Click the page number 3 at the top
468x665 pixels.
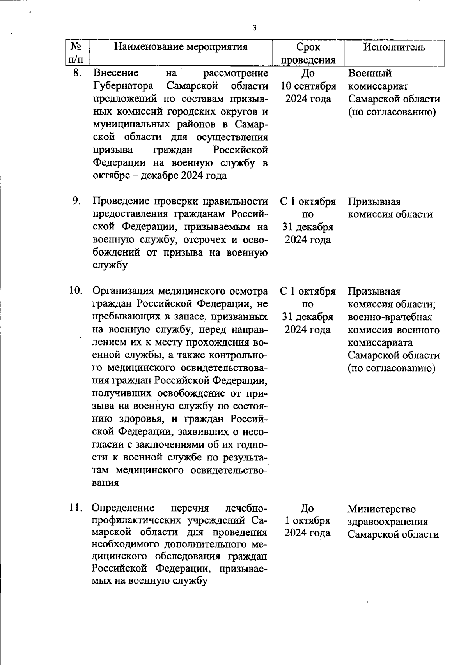pyautogui.click(x=254, y=28)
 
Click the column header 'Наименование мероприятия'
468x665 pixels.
pyautogui.click(x=181, y=47)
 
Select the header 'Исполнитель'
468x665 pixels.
pyautogui.click(x=394, y=47)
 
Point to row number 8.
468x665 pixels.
pyautogui.click(x=77, y=72)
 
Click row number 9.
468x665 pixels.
pyautogui.click(x=76, y=201)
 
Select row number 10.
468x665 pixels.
pyautogui.click(x=76, y=291)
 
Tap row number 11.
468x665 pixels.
pyautogui.click(x=76, y=508)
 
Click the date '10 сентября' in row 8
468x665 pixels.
pyautogui.click(x=308, y=86)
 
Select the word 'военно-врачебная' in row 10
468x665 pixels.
pyautogui.click(x=390, y=317)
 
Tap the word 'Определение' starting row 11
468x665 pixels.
pyautogui.click(x=123, y=508)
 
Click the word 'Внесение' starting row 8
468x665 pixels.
pyautogui.click(x=116, y=73)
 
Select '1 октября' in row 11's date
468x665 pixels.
pyautogui.click(x=307, y=520)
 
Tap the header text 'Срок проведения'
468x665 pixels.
pyautogui.click(x=308, y=53)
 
